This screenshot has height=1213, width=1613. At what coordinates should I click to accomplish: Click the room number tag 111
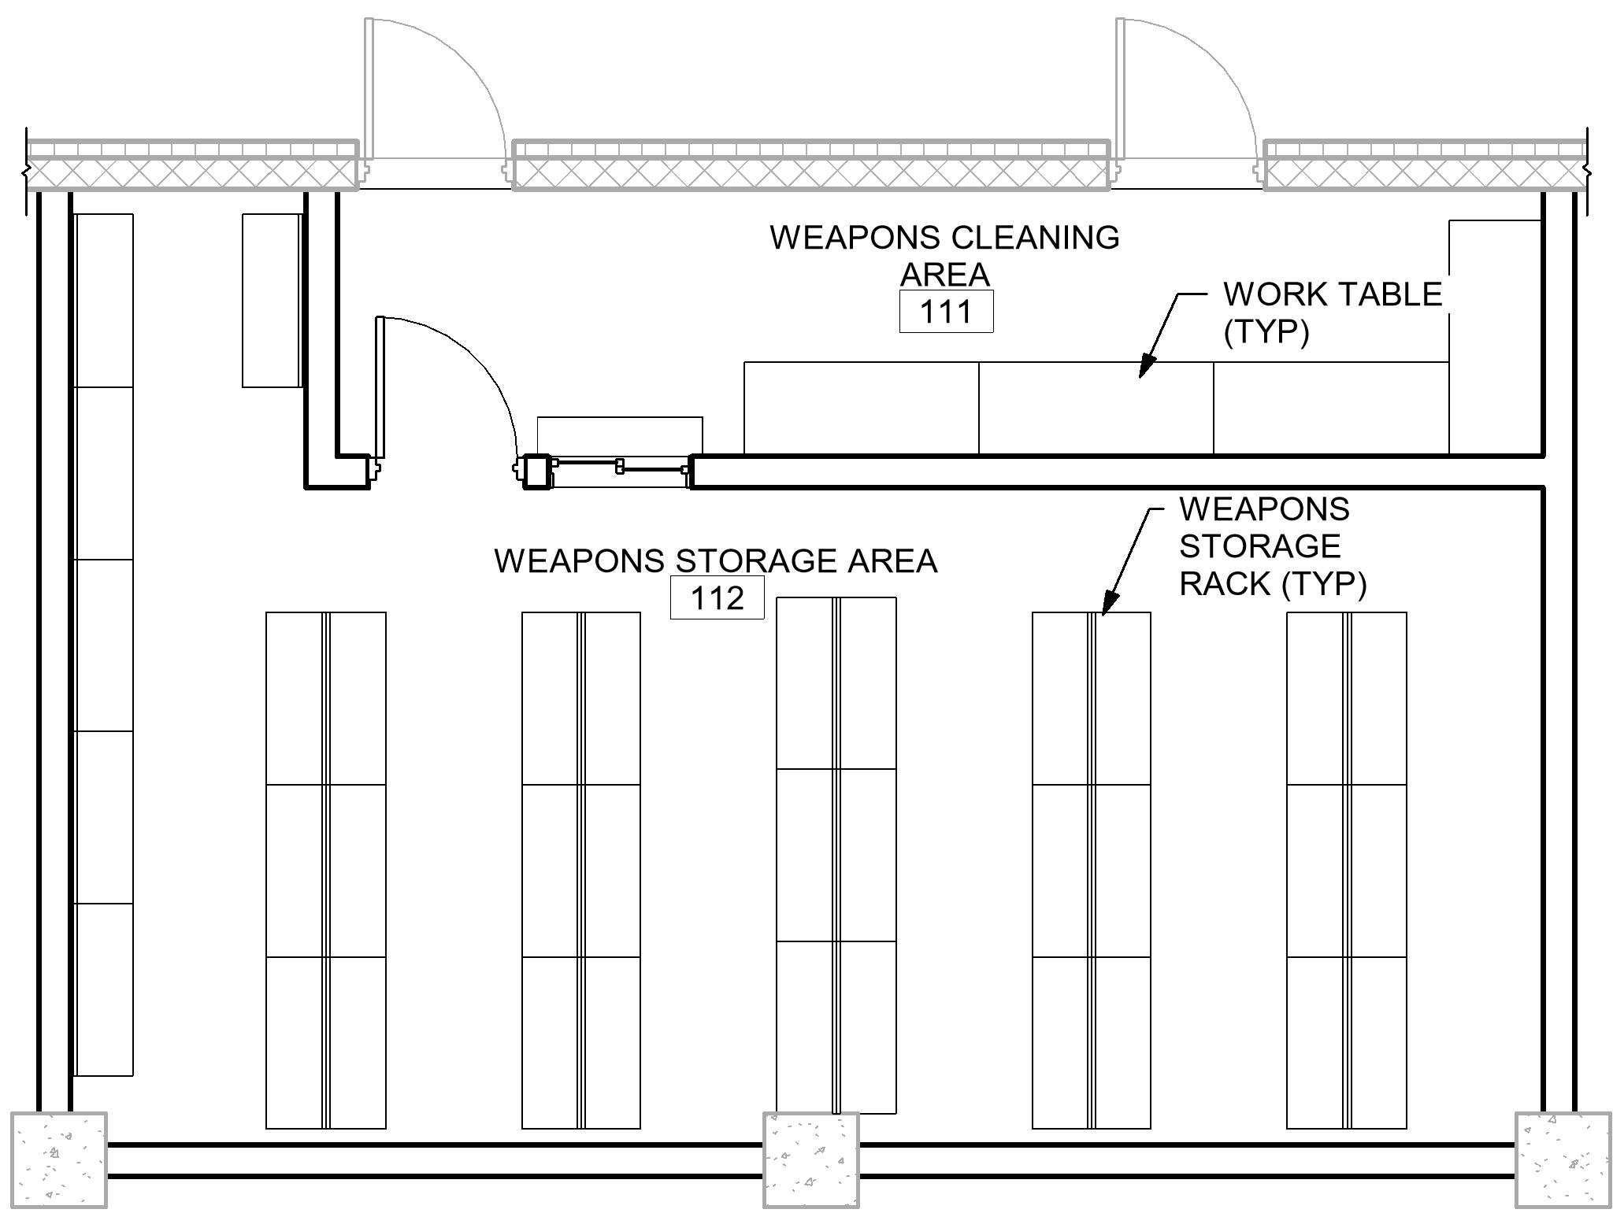946,312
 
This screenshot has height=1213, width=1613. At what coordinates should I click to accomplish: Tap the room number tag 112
717,598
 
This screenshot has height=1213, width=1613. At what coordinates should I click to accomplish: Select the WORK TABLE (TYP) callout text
1331,312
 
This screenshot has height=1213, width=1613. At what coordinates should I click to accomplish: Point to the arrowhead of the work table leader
1146,365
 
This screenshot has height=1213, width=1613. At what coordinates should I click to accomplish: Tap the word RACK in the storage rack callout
1226,583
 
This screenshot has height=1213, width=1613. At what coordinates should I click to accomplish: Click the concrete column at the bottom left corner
58,1159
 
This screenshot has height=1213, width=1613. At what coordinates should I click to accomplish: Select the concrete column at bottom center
810,1159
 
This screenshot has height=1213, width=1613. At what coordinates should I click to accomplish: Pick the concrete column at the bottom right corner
1563,1159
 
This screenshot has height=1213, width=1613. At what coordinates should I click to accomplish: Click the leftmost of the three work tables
861,408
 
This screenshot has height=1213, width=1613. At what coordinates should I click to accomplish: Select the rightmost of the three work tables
1330,408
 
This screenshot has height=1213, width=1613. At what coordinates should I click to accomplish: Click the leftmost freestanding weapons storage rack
326,870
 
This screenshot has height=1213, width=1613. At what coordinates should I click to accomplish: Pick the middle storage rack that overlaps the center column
836,855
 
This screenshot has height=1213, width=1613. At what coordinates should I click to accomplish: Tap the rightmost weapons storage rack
1347,870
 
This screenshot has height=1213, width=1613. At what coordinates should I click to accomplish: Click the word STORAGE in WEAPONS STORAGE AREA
760,561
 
